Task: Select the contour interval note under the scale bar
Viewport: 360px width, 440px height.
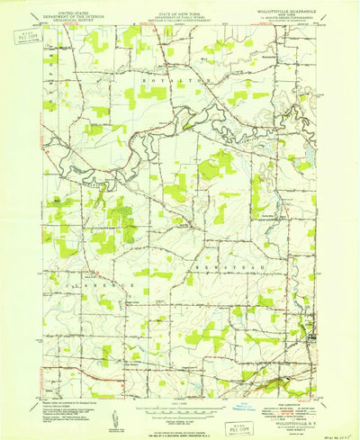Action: [x=180, y=418]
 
